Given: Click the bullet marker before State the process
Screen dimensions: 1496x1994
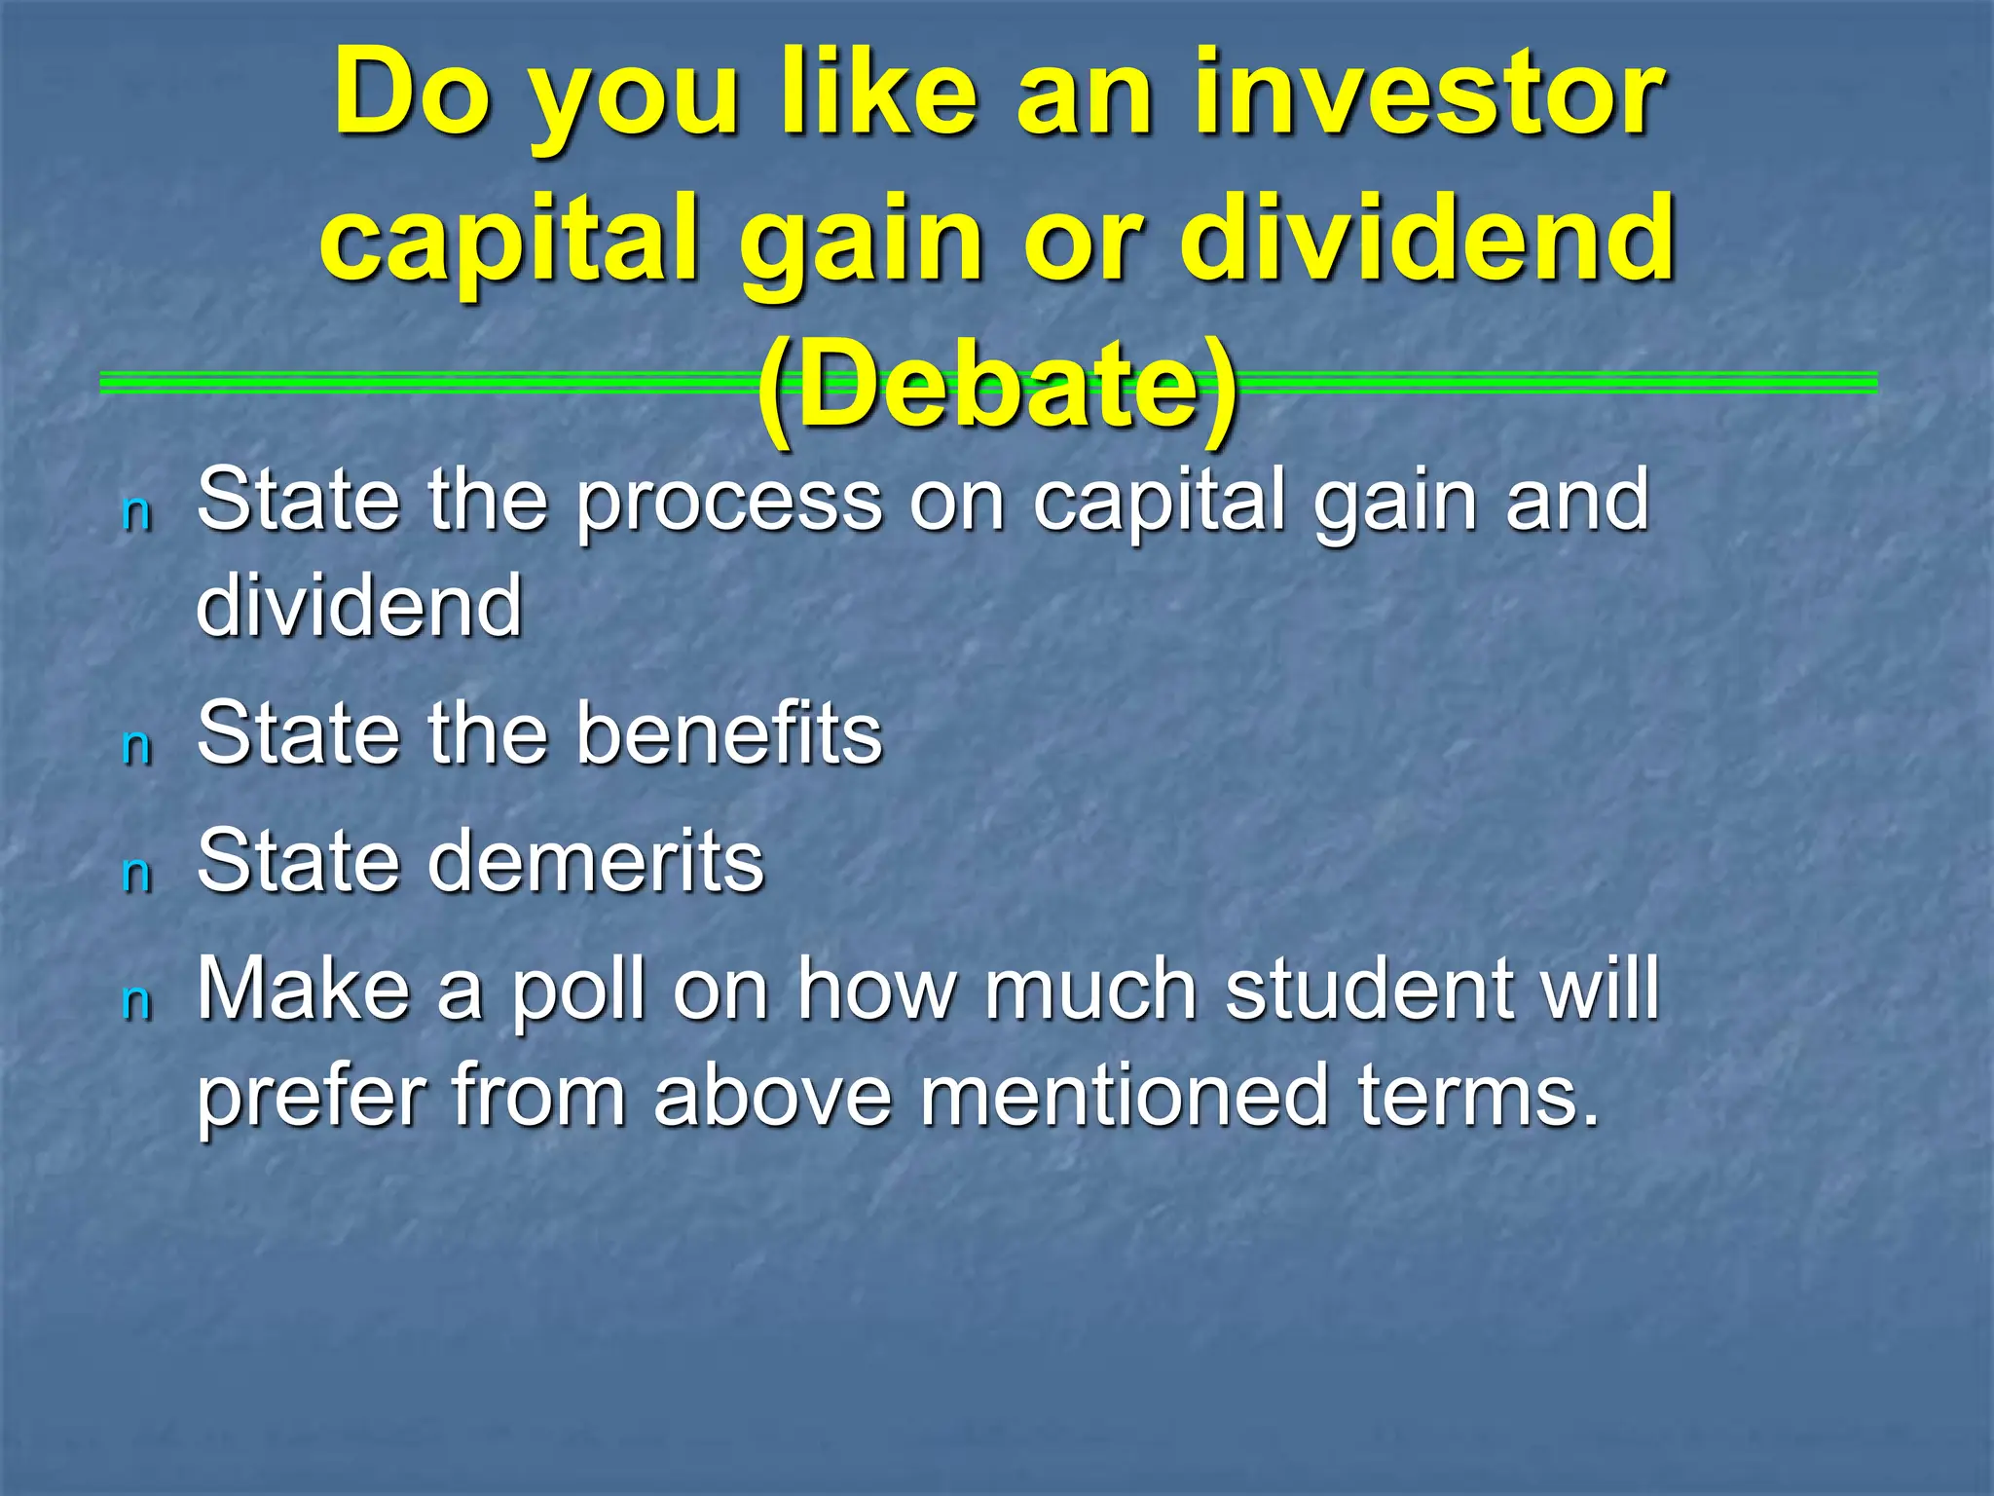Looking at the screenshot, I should pos(137,513).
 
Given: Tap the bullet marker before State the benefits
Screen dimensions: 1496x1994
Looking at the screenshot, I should pos(137,747).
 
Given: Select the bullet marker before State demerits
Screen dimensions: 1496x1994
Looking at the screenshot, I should pos(137,875).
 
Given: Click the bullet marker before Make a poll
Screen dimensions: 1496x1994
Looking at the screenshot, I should pos(137,1002).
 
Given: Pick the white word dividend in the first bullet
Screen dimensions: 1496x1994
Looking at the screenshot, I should pos(359,605).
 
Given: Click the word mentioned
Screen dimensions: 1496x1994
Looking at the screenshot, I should pos(1125,1096).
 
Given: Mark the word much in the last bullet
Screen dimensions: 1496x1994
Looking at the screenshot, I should pos(1090,990).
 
